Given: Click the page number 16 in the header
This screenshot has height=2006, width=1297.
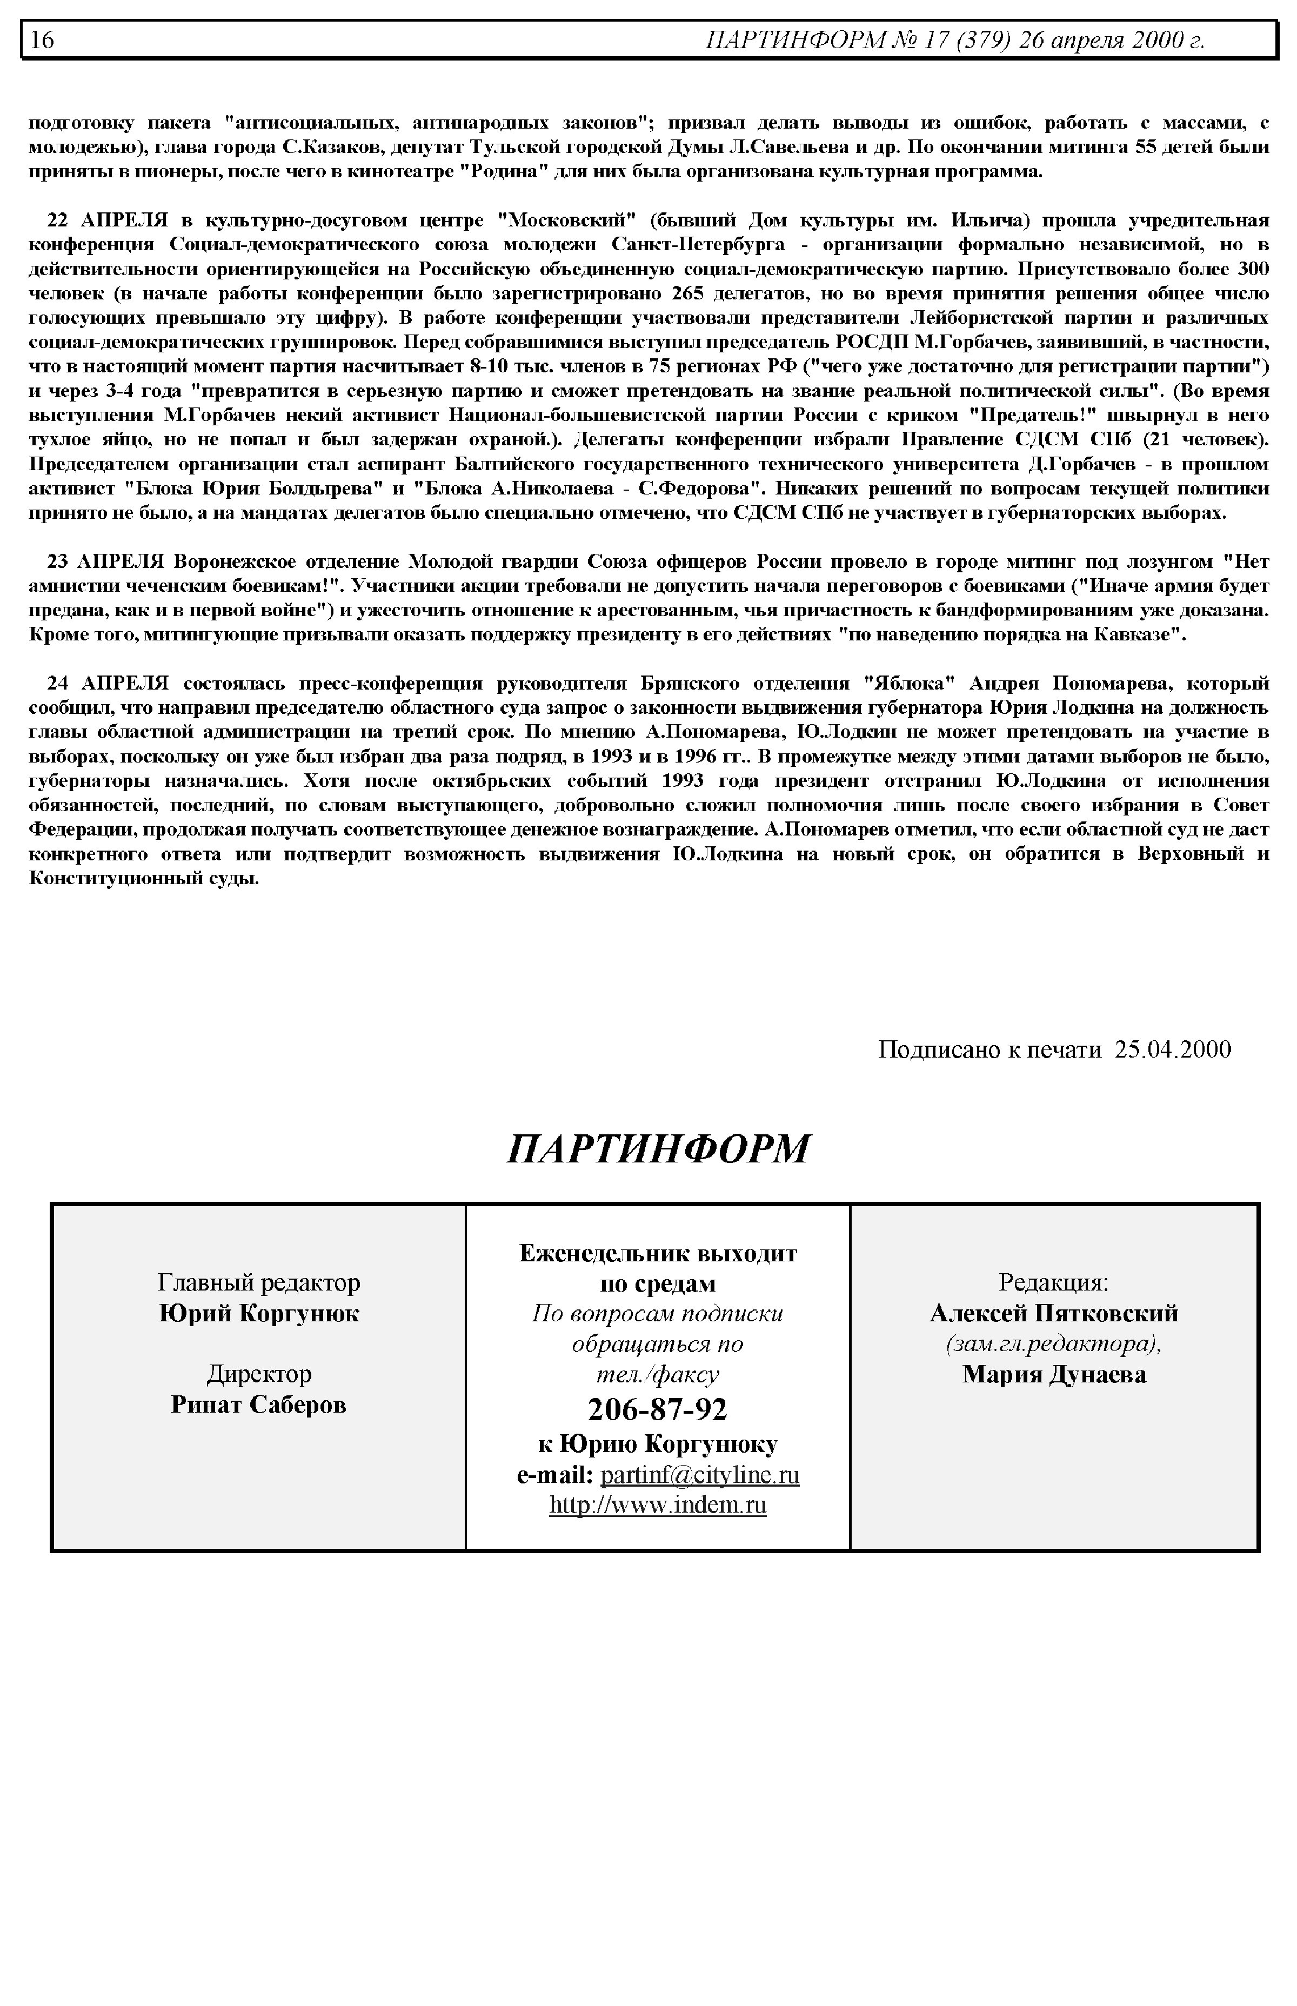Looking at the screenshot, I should tap(43, 39).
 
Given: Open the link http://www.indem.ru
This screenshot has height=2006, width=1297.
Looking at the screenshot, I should tap(657, 1504).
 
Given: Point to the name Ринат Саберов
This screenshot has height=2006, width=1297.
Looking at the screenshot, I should tap(258, 1405).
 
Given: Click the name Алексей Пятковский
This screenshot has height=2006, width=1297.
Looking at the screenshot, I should tap(1054, 1313).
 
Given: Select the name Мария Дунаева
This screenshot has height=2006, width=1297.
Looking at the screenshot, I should tap(1054, 1374).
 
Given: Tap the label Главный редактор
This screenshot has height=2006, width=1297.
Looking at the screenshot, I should tap(258, 1282).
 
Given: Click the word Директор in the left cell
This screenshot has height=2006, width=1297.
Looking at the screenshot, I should tap(258, 1374).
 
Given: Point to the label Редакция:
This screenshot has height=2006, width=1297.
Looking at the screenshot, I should tap(1054, 1282).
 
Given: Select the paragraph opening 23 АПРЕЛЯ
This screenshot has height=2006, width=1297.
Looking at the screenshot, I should tap(648, 598).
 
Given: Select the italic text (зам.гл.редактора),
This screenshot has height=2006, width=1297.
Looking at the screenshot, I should tap(1054, 1344).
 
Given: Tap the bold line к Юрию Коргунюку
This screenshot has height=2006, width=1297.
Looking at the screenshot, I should tap(657, 1443).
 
